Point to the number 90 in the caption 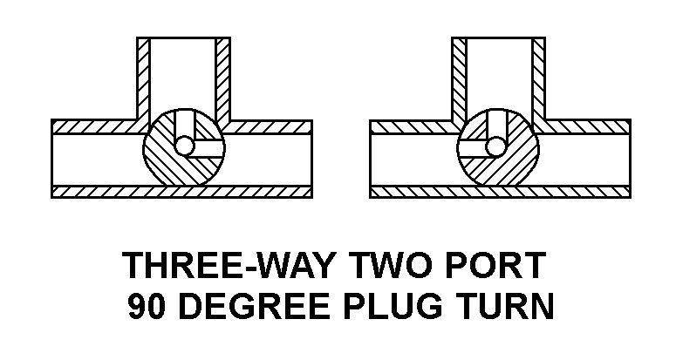point(147,306)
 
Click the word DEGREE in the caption point(255,306)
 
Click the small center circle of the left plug point(185,146)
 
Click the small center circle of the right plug point(495,146)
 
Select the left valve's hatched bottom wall point(181,192)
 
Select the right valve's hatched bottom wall point(500,192)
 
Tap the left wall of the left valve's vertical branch point(143,79)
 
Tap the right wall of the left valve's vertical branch point(222,79)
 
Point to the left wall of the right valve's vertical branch point(459,79)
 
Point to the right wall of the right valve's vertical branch point(539,79)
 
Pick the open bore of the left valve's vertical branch point(182,73)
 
